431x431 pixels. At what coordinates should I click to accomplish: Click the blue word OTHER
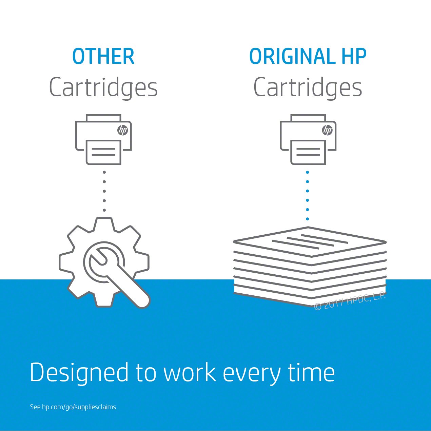click(103, 57)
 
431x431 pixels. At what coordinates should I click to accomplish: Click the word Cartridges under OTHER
click(103, 87)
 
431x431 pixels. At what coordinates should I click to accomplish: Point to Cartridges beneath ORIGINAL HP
click(308, 87)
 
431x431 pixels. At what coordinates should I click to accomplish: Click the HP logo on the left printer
click(122, 130)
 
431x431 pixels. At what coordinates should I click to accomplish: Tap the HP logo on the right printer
click(327, 130)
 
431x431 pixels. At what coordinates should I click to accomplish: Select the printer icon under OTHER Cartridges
click(103, 140)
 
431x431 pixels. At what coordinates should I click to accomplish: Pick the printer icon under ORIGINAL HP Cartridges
click(308, 140)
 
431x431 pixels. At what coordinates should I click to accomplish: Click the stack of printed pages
click(310, 266)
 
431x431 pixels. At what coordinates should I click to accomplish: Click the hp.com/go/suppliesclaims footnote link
click(79, 407)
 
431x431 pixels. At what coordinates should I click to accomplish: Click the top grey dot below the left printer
click(104, 172)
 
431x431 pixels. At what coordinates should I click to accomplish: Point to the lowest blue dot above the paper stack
click(308, 219)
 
